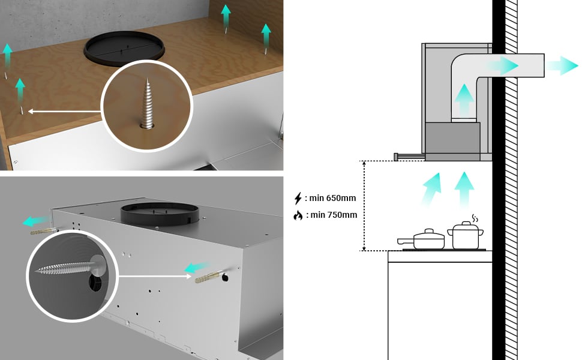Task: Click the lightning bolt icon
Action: (x=298, y=199)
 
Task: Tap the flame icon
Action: (x=298, y=215)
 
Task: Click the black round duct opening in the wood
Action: (x=125, y=47)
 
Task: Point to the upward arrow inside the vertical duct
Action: (x=463, y=99)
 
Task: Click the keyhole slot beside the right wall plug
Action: (x=224, y=278)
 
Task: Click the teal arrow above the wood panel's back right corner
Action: (x=266, y=35)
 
